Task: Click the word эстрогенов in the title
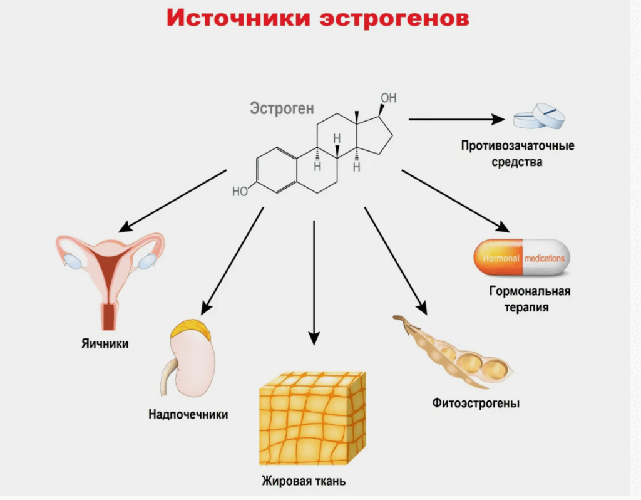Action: [x=394, y=19]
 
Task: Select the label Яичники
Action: [x=105, y=343]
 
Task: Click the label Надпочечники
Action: [x=188, y=414]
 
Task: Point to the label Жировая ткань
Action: [x=304, y=482]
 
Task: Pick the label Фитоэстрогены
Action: [x=476, y=403]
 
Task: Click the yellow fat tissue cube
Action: [x=312, y=417]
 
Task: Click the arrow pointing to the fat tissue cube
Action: [x=314, y=282]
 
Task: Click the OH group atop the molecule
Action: [x=389, y=98]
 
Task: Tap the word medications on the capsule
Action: [x=544, y=258]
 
